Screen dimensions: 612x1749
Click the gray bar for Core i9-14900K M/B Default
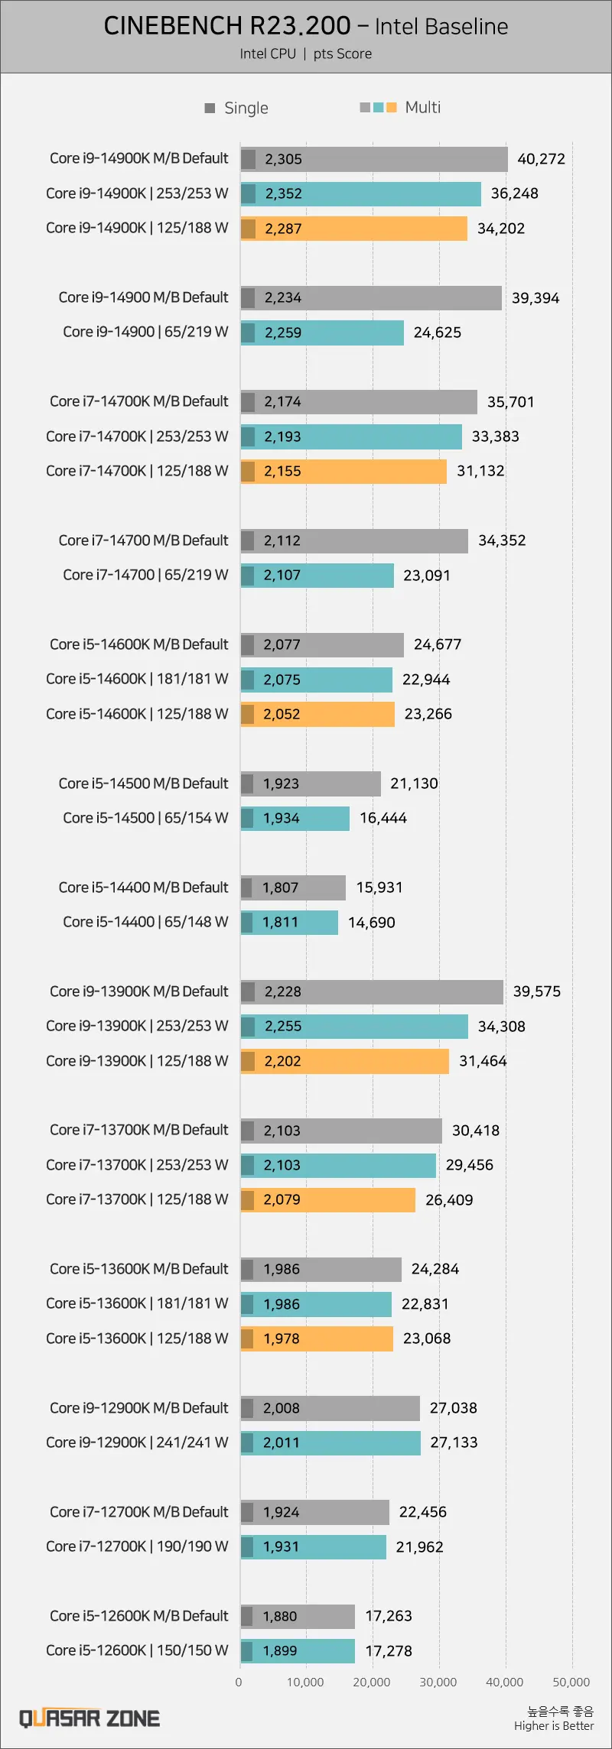[374, 159]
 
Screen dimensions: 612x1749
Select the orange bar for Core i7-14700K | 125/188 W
[343, 471]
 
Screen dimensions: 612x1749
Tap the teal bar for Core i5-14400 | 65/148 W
[289, 922]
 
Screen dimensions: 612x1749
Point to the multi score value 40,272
[542, 159]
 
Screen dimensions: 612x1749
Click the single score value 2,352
[284, 193]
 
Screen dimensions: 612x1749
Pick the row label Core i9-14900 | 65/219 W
[145, 332]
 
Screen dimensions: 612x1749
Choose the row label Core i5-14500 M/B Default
[144, 784]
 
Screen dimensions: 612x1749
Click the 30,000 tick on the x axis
[438, 1682]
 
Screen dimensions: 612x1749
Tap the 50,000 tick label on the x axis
[571, 1682]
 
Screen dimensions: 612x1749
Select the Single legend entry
[237, 108]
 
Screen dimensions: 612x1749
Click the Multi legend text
[423, 107]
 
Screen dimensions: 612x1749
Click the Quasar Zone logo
[90, 1719]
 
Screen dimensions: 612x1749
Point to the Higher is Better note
[554, 1725]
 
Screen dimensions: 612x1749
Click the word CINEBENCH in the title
[171, 26]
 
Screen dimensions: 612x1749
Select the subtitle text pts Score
[343, 54]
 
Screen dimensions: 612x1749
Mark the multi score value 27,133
[454, 1442]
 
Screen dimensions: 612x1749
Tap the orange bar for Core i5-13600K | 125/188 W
[317, 1339]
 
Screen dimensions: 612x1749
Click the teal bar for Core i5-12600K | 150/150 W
[298, 1650]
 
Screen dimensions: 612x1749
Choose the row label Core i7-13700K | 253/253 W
[137, 1165]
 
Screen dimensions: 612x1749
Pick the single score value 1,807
[281, 887]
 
